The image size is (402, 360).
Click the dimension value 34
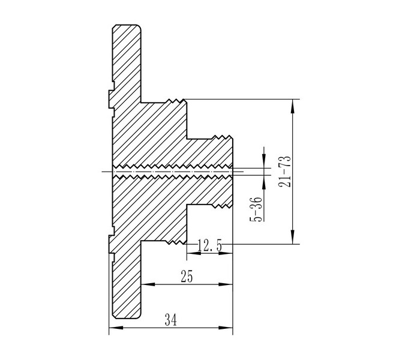171,319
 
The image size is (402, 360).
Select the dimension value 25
187,277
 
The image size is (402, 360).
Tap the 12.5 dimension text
210,245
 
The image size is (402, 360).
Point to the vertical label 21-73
285,171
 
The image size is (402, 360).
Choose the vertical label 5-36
256,209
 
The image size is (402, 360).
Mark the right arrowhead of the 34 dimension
226,328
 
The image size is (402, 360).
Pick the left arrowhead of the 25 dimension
148,284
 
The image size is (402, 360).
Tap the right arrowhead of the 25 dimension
226,284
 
